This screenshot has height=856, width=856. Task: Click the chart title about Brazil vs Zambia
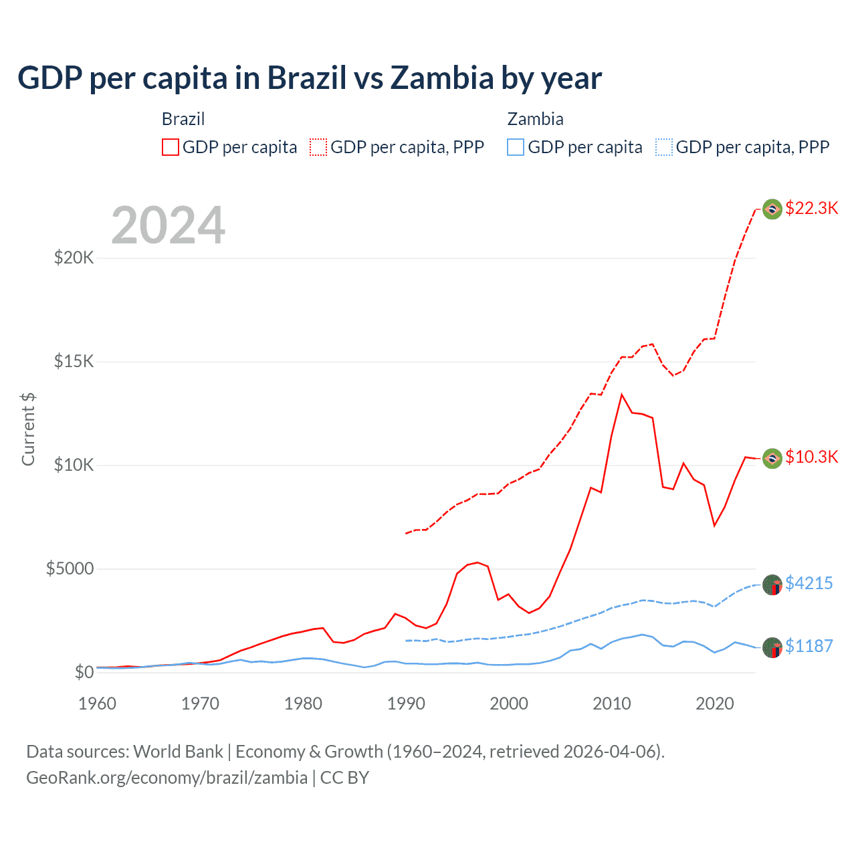pyautogui.click(x=309, y=78)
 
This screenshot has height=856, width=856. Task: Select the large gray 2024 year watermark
pyautogui.click(x=168, y=225)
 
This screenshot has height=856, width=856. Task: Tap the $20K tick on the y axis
pyautogui.click(x=74, y=258)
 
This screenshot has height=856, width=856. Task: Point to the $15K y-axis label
pyautogui.click(x=74, y=362)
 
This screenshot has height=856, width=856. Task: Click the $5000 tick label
pyautogui.click(x=70, y=569)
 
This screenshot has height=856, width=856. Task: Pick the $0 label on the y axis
pyautogui.click(x=84, y=673)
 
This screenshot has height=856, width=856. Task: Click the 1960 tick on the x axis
pyautogui.click(x=98, y=704)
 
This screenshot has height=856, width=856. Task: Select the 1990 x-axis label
pyautogui.click(x=406, y=704)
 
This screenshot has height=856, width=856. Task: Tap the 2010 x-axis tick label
pyautogui.click(x=612, y=704)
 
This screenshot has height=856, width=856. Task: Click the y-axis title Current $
pyautogui.click(x=28, y=429)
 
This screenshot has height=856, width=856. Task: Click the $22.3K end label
pyautogui.click(x=811, y=208)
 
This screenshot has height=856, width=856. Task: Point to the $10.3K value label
pyautogui.click(x=811, y=457)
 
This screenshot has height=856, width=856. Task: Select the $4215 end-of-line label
pyautogui.click(x=809, y=583)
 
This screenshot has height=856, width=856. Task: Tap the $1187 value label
pyautogui.click(x=809, y=646)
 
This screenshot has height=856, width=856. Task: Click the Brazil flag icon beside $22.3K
pyautogui.click(x=772, y=209)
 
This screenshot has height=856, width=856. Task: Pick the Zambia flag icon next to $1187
pyautogui.click(x=772, y=647)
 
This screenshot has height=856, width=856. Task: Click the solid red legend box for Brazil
pyautogui.click(x=171, y=147)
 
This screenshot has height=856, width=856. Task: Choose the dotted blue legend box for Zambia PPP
pyautogui.click(x=664, y=147)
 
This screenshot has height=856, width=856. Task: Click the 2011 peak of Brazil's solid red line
pyautogui.click(x=622, y=395)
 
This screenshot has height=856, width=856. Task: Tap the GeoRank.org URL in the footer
pyautogui.click(x=167, y=778)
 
